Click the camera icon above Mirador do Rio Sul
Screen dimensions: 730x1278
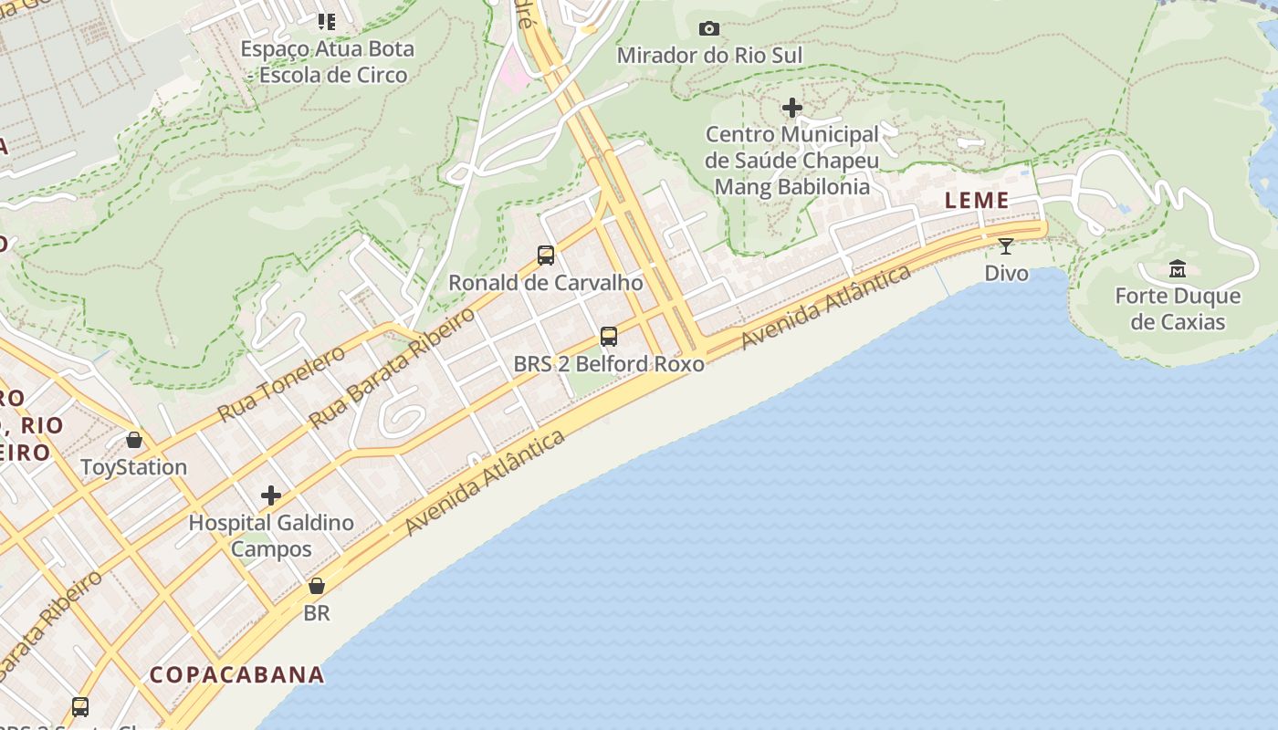click(x=708, y=29)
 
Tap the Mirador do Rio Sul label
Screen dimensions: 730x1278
click(x=709, y=56)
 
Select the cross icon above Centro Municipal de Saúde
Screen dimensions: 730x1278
click(x=792, y=109)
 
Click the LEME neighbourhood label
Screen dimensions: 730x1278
click(x=977, y=201)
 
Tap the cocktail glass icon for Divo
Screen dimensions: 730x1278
click(x=1006, y=246)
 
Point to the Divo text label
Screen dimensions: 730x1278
click(x=1006, y=273)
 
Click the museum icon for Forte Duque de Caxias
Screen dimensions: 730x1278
click(x=1178, y=269)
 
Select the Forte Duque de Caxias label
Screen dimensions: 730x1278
click(x=1178, y=308)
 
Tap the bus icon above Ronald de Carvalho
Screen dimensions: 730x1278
click(x=546, y=255)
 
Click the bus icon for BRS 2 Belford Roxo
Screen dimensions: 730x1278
click(x=609, y=337)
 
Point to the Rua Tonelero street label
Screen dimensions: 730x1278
click(x=281, y=384)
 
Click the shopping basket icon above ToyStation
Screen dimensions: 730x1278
click(x=134, y=441)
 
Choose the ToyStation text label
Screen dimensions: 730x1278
click(x=134, y=467)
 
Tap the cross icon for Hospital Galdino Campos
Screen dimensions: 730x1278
click(x=271, y=495)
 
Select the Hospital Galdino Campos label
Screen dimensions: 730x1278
click(x=271, y=536)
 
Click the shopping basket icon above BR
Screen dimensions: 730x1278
click(x=317, y=586)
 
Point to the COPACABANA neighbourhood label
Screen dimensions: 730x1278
click(x=237, y=674)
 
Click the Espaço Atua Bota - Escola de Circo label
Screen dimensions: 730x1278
click(x=328, y=62)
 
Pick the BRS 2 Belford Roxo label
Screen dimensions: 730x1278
click(x=609, y=364)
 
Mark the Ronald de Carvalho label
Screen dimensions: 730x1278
click(x=546, y=283)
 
